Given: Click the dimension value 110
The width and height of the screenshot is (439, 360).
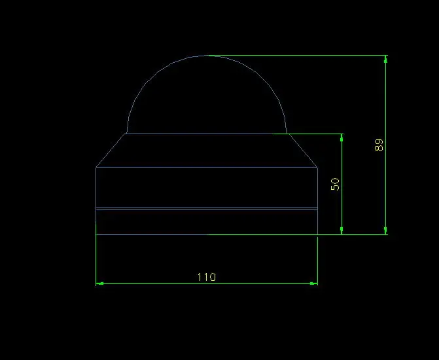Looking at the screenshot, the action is click(207, 277).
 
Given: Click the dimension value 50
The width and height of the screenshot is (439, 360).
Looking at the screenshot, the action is click(335, 185).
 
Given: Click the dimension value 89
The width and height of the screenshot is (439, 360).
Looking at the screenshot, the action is click(379, 145).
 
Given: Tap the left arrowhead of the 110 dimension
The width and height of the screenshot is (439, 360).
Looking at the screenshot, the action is click(99, 283).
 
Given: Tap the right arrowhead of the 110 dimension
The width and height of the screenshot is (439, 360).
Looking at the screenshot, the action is click(314, 283).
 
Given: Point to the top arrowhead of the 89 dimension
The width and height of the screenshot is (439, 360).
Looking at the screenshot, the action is click(386, 59).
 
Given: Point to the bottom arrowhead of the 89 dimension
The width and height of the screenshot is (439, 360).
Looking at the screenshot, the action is click(386, 230).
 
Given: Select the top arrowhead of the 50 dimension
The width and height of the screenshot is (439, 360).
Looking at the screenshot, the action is click(342, 138).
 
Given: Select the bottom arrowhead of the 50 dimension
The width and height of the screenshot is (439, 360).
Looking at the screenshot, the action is click(342, 230).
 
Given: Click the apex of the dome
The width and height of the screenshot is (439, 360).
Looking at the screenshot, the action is click(207, 56).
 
